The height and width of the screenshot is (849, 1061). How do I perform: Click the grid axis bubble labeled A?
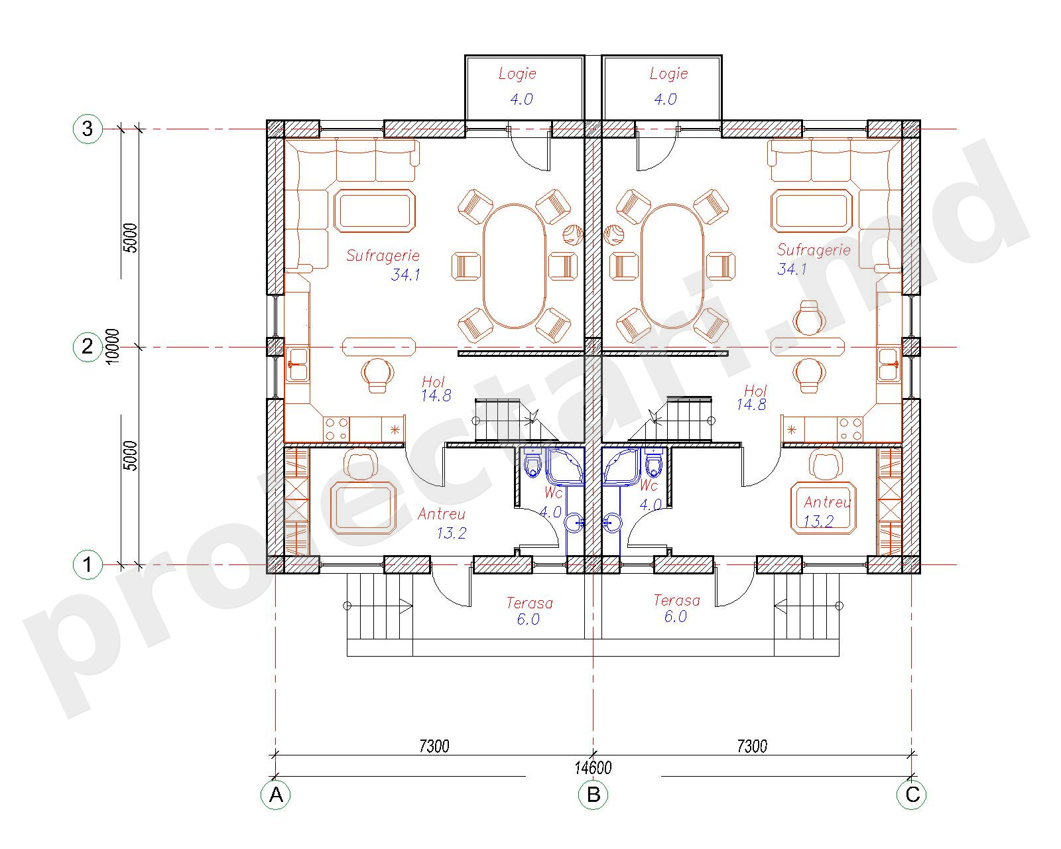[276, 795]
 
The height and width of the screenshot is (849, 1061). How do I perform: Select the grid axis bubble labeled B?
[593, 795]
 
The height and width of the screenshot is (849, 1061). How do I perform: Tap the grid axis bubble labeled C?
[912, 795]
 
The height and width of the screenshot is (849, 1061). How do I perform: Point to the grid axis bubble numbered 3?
[88, 129]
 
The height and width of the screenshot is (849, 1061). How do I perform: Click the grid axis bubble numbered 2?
[88, 347]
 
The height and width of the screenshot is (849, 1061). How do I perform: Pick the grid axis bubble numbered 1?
[88, 564]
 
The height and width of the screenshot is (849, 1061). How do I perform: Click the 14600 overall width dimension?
[593, 767]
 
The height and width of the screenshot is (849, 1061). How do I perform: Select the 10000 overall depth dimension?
[113, 346]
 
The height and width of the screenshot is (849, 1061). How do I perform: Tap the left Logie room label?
[517, 74]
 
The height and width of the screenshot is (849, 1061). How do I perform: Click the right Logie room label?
[668, 74]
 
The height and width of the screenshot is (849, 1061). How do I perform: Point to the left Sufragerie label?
[383, 255]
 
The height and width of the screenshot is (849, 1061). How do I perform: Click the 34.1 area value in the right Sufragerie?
[792, 269]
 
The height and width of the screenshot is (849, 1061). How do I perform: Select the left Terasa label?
[530, 603]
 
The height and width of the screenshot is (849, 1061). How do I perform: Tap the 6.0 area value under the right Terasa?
[676, 616]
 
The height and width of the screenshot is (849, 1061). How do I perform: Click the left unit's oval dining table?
[514, 266]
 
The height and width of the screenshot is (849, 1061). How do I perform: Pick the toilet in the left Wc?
[532, 463]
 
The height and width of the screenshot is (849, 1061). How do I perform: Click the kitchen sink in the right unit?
[888, 365]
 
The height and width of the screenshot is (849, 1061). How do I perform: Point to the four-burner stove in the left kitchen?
[336, 429]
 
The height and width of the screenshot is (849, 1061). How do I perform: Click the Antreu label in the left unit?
[441, 515]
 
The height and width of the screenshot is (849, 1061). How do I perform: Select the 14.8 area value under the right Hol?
[751, 405]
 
